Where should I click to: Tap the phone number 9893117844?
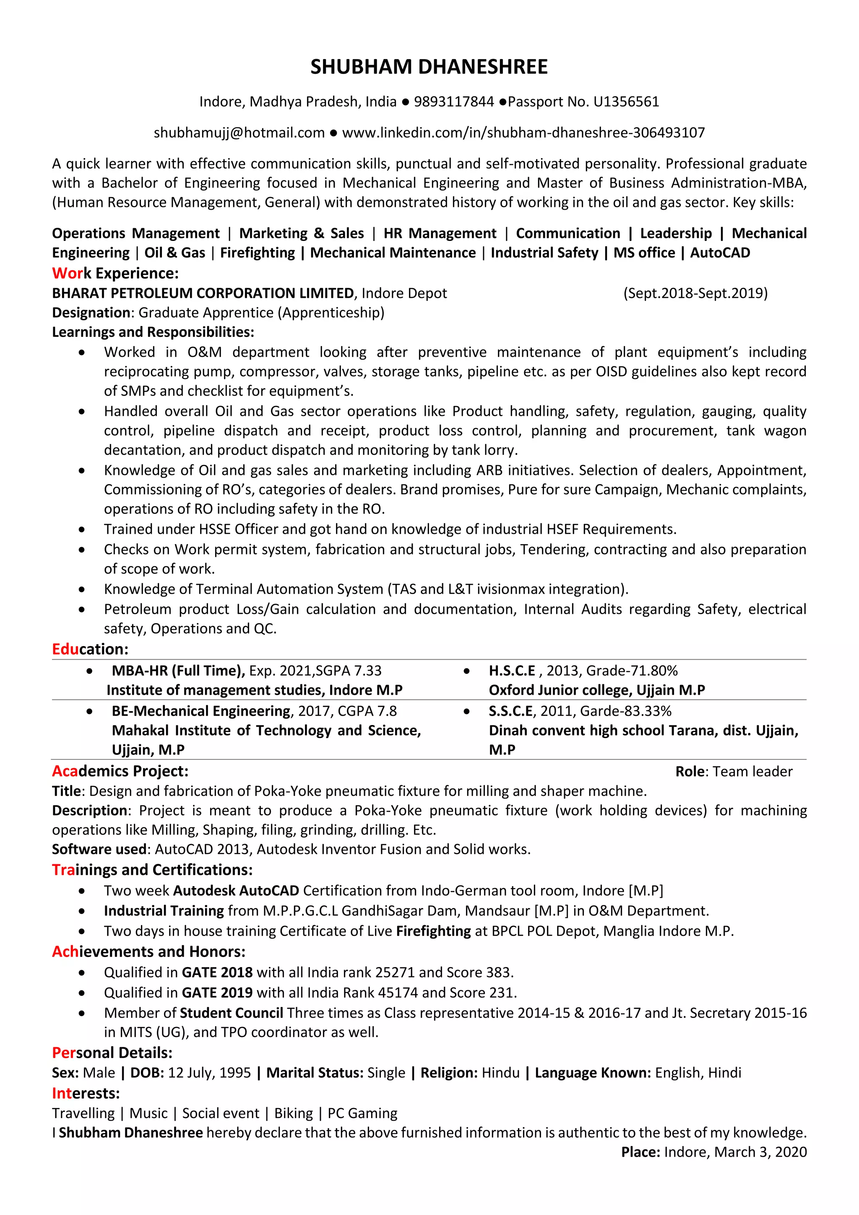point(453,102)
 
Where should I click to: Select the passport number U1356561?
point(626,102)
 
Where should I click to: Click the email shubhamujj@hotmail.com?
point(239,133)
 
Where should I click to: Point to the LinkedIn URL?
point(523,133)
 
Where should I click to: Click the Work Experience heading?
point(115,273)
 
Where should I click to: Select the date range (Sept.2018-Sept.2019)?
point(695,293)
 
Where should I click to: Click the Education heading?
point(90,649)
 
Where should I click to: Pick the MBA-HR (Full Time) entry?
point(178,671)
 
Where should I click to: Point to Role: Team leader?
point(734,772)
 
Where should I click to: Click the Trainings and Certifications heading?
point(152,870)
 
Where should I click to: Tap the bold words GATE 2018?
point(217,973)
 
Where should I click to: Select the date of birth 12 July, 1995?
point(209,1073)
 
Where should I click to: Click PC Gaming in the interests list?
point(362,1113)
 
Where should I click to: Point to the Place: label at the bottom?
point(640,1152)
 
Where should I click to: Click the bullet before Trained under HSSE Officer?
point(81,530)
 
